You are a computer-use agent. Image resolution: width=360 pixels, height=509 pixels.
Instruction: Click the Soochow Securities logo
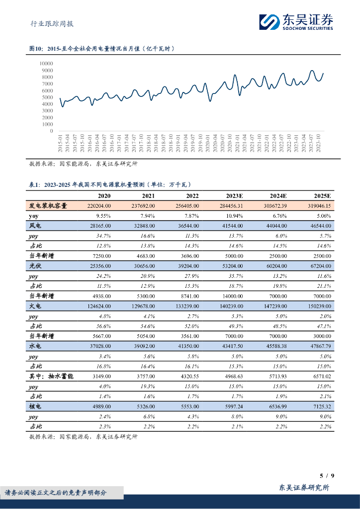[296, 22]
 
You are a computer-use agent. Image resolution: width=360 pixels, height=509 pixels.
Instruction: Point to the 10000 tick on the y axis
[46, 64]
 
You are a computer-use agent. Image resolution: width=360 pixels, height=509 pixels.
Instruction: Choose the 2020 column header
[104, 196]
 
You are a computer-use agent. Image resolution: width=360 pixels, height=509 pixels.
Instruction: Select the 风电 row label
[35, 225]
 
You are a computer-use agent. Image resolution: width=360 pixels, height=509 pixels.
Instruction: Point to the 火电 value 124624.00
[98, 307]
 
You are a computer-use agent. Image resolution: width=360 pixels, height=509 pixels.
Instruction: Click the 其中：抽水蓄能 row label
[52, 377]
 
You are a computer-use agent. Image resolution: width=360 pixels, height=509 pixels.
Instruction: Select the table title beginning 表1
[109, 184]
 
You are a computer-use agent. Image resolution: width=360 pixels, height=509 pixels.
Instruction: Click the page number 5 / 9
[327, 476]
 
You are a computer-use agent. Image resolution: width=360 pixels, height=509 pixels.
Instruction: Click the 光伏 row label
[35, 266]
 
